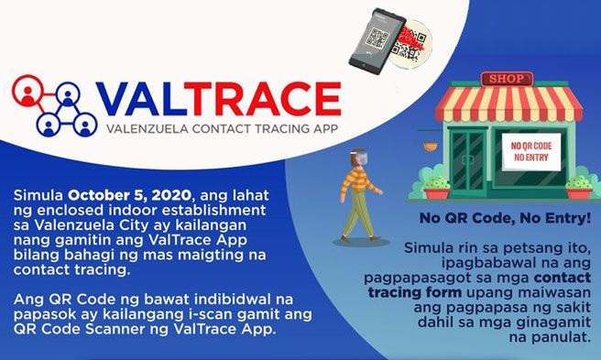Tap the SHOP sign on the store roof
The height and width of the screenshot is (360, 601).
pos(506,78)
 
